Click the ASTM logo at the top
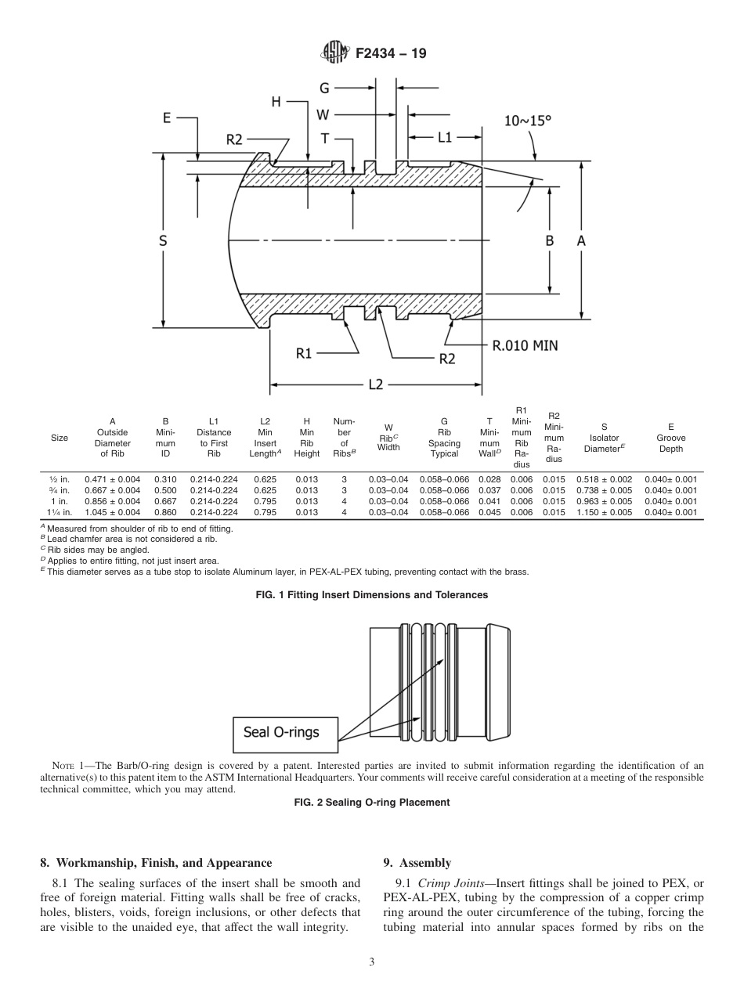pyautogui.click(x=334, y=54)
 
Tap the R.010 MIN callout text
pyautogui.click(x=525, y=345)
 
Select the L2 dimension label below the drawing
pyautogui.click(x=376, y=384)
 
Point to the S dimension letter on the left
pyautogui.click(x=163, y=241)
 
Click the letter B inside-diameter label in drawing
pyautogui.click(x=550, y=241)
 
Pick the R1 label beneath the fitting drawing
pyautogui.click(x=304, y=354)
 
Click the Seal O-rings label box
pyautogui.click(x=287, y=732)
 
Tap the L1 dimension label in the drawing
pyautogui.click(x=445, y=137)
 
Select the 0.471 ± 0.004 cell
pyautogui.click(x=112, y=478)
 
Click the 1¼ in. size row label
pyautogui.click(x=60, y=512)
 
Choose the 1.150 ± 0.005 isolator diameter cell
pyautogui.click(x=604, y=512)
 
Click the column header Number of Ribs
pyautogui.click(x=344, y=437)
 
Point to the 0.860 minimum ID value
pyautogui.click(x=165, y=512)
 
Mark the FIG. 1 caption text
pyautogui.click(x=372, y=595)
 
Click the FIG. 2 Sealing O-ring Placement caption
pyautogui.click(x=372, y=802)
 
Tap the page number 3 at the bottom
pyautogui.click(x=372, y=962)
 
